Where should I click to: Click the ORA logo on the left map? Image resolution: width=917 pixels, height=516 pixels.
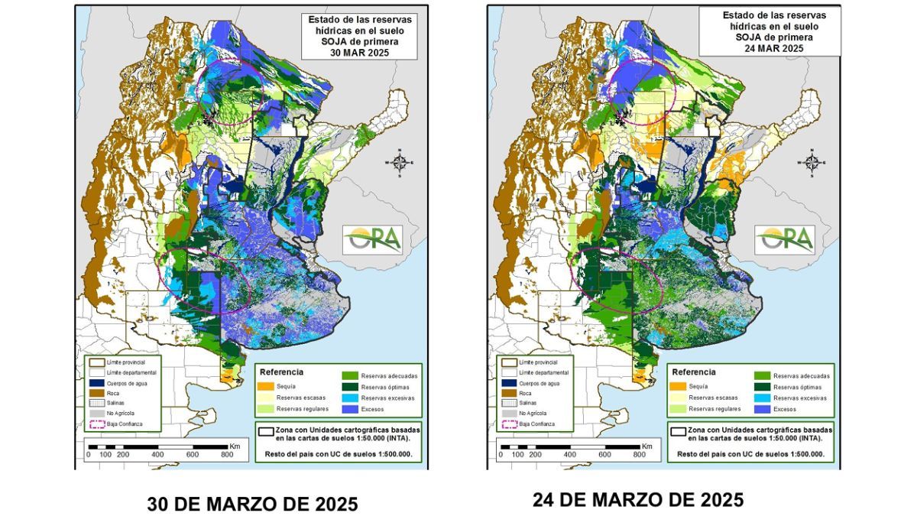(x=372, y=239)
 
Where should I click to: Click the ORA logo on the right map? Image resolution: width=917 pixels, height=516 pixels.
(x=785, y=239)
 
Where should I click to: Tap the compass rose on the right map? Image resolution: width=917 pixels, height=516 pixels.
(x=812, y=162)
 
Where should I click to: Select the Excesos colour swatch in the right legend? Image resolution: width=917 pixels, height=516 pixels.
(x=761, y=410)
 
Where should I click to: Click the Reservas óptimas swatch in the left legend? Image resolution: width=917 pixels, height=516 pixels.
(x=349, y=387)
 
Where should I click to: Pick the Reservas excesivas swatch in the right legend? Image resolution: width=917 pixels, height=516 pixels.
(x=761, y=398)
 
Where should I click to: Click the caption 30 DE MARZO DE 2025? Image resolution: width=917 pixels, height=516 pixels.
(x=252, y=505)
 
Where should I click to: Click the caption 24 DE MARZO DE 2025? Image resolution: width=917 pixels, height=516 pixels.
(x=638, y=500)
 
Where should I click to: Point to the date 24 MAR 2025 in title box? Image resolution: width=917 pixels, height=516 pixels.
(x=770, y=47)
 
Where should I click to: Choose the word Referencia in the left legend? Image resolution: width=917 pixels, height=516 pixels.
(x=282, y=372)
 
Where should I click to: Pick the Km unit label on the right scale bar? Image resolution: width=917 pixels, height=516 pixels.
(x=646, y=446)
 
